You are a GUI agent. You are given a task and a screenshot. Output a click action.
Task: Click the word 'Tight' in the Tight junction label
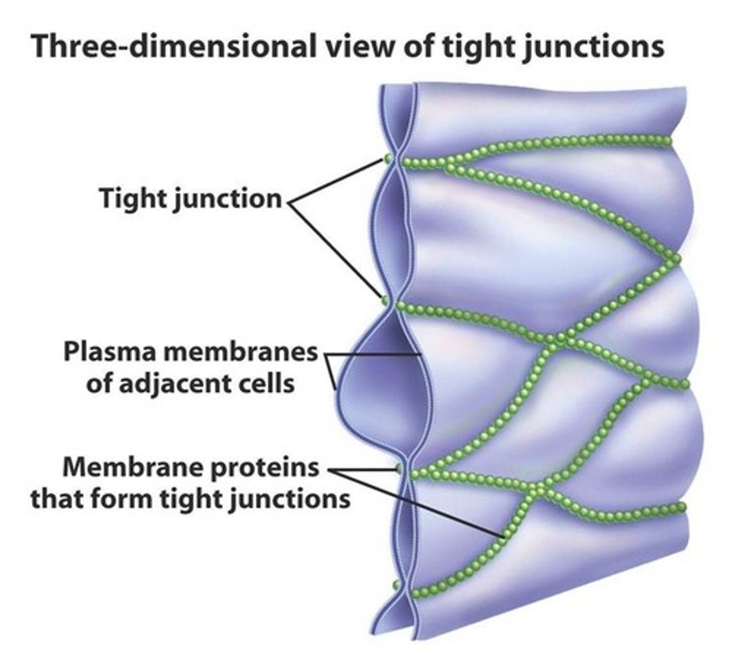(x=133, y=198)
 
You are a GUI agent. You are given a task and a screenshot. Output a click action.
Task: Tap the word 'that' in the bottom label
(x=56, y=499)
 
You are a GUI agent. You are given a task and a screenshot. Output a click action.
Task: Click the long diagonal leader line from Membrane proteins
(x=420, y=504)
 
